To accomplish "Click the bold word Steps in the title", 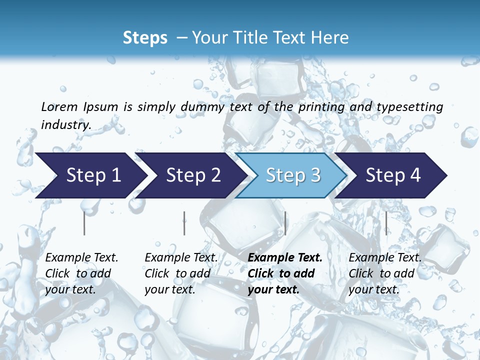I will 145,38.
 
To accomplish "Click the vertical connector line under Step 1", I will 84,223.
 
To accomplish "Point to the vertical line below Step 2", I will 184,223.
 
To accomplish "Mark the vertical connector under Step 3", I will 285,223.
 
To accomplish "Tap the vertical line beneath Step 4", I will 386,223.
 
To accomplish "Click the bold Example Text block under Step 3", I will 284,273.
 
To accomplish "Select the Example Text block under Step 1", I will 81,273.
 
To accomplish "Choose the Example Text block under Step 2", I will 181,273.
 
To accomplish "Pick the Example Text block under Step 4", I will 384,273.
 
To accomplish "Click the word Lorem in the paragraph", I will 59,107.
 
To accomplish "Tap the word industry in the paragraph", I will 65,125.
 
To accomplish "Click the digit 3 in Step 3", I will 315,175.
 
